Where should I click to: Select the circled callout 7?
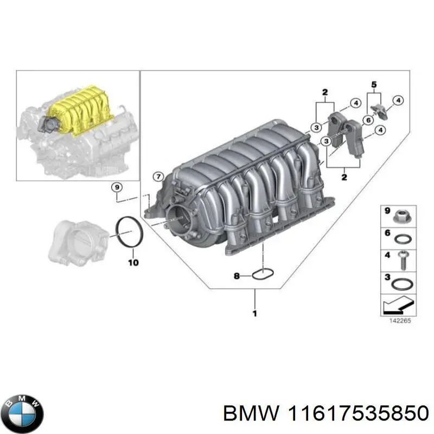click(157, 176)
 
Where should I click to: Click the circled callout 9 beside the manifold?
click(116, 188)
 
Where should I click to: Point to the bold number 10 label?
click(133, 263)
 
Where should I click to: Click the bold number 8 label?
click(236, 277)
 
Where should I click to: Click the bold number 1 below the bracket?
click(255, 313)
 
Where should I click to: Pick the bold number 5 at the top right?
click(373, 84)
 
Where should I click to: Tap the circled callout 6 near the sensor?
click(367, 120)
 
